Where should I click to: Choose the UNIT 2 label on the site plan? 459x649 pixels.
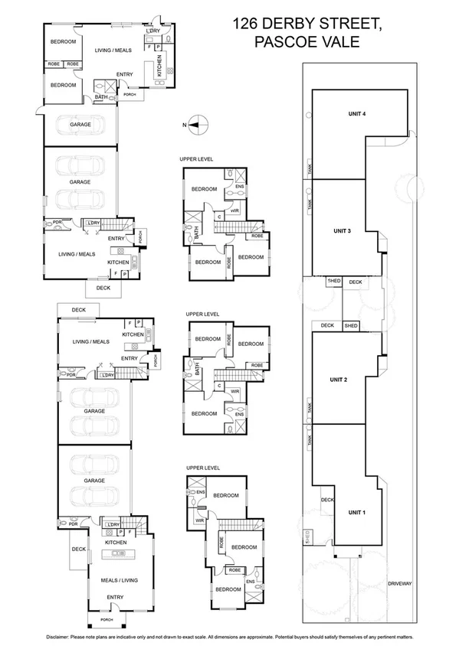coord(339,379)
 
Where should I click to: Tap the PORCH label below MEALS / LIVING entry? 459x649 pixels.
coord(106,619)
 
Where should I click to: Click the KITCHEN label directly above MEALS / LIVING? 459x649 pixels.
coord(116,542)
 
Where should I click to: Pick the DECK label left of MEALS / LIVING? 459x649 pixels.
coord(78,549)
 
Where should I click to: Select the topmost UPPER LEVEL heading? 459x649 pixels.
coord(196,158)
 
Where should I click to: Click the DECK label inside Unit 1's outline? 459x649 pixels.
coord(327,501)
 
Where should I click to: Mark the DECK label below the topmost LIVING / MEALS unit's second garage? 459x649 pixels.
coord(103,289)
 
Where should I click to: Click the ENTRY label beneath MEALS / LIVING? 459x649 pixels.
coord(116,597)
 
